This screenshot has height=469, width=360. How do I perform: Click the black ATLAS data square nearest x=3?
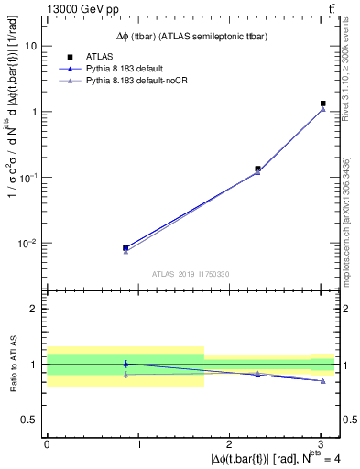coord(323,104)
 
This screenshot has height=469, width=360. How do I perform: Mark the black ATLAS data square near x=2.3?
coord(257,169)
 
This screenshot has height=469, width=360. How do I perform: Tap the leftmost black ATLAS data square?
coord(125,247)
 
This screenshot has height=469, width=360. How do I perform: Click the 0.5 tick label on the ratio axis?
coord(32,420)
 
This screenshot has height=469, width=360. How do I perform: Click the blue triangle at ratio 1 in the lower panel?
coord(125,364)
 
